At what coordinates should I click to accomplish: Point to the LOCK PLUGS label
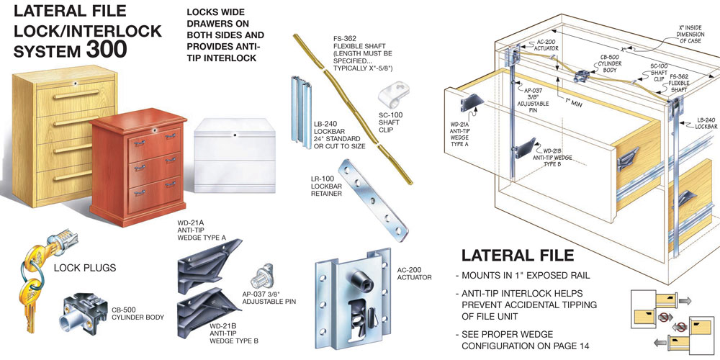[85, 268]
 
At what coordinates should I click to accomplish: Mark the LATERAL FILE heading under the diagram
[517, 255]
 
